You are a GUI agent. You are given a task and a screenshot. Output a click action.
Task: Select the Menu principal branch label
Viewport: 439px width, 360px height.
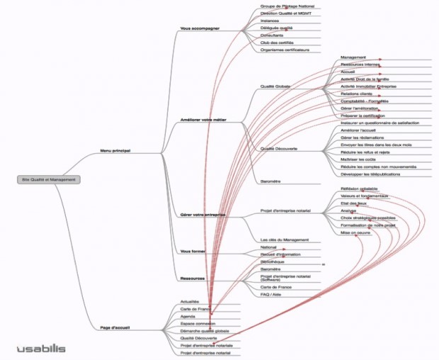pyautogui.click(x=116, y=150)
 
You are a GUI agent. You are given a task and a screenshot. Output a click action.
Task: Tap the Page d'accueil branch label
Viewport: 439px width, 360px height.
pyautogui.click(x=115, y=328)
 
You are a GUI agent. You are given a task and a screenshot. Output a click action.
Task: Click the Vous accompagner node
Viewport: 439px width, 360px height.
pyautogui.click(x=200, y=29)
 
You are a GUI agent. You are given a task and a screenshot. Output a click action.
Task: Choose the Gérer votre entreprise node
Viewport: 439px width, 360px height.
pyautogui.click(x=203, y=213)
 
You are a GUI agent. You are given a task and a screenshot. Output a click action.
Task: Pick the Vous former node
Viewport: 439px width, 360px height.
pyautogui.click(x=193, y=251)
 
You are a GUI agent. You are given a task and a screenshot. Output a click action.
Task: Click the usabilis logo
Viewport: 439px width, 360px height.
pyautogui.click(x=41, y=348)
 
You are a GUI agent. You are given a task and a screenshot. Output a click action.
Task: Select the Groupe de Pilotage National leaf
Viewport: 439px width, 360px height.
pyautogui.click(x=287, y=6)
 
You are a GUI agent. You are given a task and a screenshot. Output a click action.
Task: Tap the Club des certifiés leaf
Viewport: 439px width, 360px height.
pyautogui.click(x=277, y=43)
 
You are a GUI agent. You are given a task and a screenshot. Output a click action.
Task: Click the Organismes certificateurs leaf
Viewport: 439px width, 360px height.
pyautogui.click(x=286, y=50)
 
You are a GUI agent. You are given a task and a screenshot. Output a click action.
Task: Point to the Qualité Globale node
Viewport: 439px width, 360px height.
pyautogui.click(x=277, y=86)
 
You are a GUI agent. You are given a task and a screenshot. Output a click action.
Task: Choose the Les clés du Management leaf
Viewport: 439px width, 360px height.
pyautogui.click(x=285, y=240)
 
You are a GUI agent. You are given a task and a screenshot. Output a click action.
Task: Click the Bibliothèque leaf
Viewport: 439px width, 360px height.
pyautogui.click(x=273, y=261)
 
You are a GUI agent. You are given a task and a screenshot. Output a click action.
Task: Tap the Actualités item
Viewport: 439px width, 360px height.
pyautogui.click(x=189, y=301)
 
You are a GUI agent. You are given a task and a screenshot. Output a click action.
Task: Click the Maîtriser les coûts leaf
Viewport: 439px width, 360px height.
pyautogui.click(x=357, y=159)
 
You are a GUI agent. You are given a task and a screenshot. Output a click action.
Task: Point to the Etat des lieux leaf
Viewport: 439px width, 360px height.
pyautogui.click(x=353, y=203)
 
